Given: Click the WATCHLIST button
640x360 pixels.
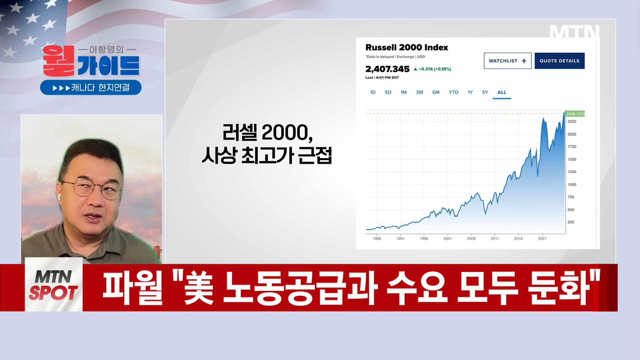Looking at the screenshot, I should tap(507, 61).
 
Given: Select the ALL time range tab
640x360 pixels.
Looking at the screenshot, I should tap(501, 92).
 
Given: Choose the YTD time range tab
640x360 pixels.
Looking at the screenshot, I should tap(453, 92).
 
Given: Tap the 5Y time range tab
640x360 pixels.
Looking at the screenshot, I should tap(485, 92).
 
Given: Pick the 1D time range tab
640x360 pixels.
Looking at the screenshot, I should tap(373, 92).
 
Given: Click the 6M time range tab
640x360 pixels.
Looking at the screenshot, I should tap(436, 92).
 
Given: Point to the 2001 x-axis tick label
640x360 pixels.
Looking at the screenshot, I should tap(448, 239).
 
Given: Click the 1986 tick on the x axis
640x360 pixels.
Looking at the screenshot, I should tap(377, 239).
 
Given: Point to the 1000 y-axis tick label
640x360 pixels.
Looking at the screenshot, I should tap(572, 185).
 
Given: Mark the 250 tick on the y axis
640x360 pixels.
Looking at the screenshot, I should tap(571, 222).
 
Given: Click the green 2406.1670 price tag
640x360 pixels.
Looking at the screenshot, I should tap(575, 114).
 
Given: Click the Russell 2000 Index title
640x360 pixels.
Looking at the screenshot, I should tap(407, 47).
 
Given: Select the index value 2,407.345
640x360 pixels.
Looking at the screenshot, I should tap(387, 69).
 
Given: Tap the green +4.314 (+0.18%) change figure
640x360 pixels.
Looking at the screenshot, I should tap(434, 69).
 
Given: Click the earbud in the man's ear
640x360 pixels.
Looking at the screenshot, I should tap(59, 196).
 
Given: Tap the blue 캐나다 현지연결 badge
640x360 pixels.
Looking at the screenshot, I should tap(91, 88).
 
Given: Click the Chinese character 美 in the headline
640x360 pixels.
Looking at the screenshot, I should tap(199, 288).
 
